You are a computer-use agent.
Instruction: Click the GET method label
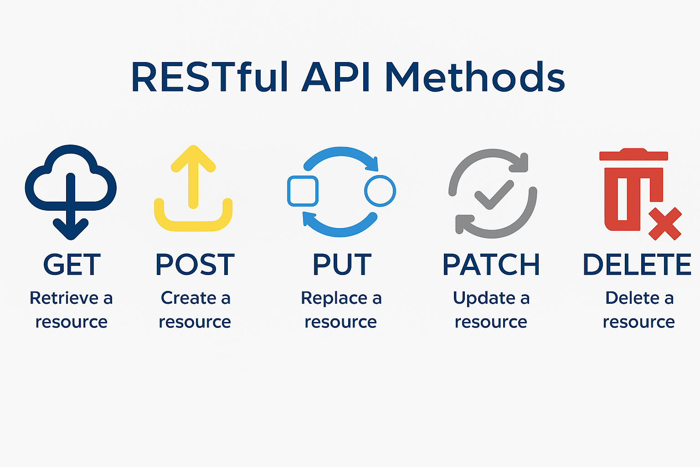(72, 265)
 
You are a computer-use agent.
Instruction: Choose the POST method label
(195, 265)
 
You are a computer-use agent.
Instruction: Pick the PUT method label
(342, 265)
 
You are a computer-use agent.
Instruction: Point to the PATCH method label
(491, 265)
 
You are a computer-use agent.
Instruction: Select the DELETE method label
(637, 265)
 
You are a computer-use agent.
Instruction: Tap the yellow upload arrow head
(193, 157)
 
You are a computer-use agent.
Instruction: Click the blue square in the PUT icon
(303, 191)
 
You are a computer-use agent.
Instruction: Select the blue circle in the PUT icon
(380, 191)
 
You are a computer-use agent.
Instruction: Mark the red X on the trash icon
(664, 223)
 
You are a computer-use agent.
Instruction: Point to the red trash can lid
(633, 155)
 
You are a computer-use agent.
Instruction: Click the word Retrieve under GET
(64, 298)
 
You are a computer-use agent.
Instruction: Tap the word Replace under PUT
(334, 298)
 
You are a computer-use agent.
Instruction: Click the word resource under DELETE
(638, 322)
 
